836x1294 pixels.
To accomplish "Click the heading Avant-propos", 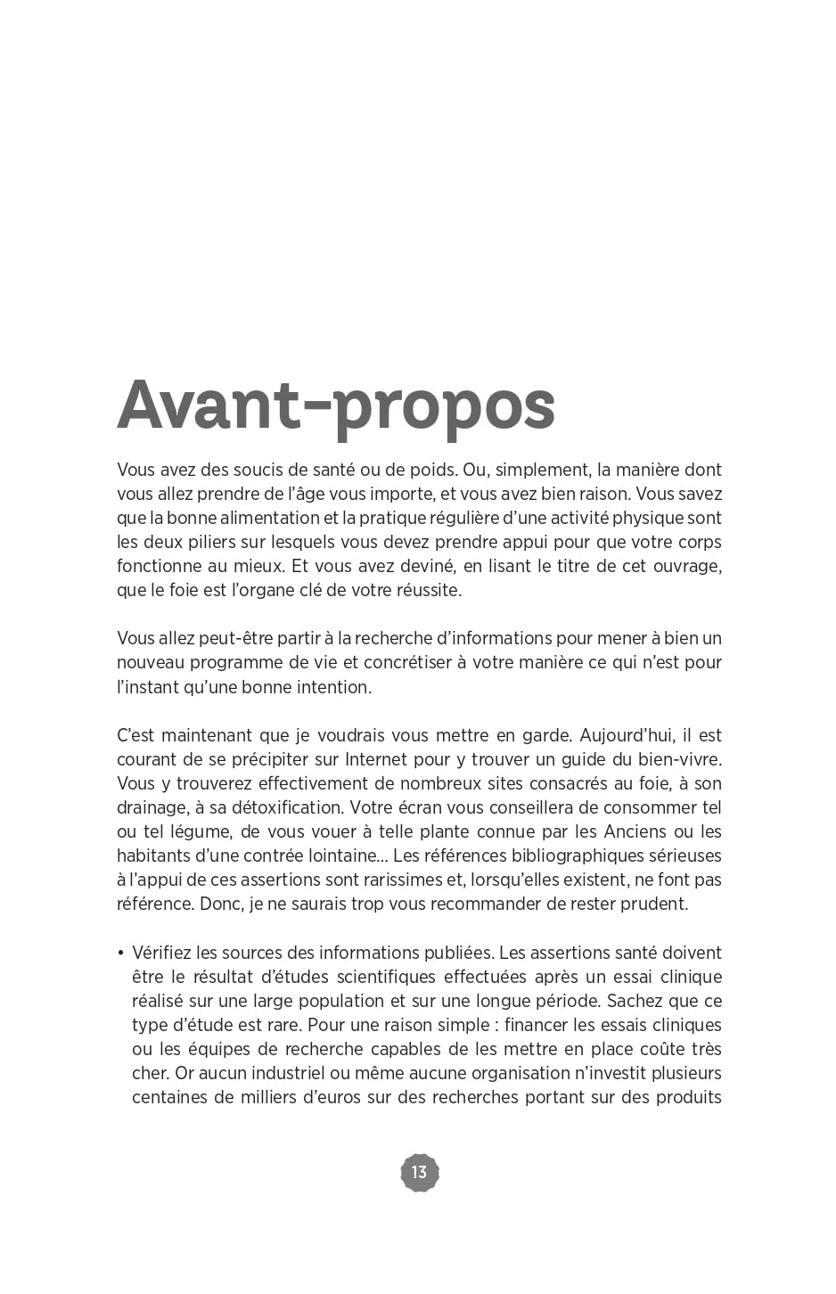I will (x=336, y=405).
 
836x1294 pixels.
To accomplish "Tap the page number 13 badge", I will (x=420, y=1172).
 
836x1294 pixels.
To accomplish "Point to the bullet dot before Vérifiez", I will (x=120, y=953).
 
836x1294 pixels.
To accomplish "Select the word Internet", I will (x=376, y=759).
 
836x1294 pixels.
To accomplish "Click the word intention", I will (x=333, y=687).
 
